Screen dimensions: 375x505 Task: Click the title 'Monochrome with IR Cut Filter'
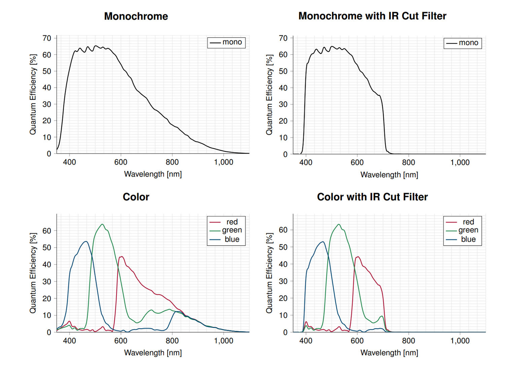(x=372, y=16)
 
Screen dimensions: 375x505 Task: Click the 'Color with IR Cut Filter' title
(x=372, y=197)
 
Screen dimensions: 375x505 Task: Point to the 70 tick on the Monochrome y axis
(x=47, y=38)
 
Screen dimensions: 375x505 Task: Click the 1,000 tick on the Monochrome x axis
(x=224, y=162)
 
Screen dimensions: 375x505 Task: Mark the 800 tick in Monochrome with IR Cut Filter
(x=408, y=163)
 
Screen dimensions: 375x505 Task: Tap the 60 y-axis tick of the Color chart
(x=47, y=231)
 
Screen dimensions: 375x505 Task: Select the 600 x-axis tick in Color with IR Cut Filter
(x=357, y=341)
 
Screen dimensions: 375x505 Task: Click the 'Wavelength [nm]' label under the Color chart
(x=153, y=352)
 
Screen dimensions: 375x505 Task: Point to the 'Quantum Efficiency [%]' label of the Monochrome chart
(x=33, y=94)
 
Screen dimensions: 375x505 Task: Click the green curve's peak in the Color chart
(x=102, y=224)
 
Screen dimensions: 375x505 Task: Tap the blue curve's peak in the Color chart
(x=86, y=241)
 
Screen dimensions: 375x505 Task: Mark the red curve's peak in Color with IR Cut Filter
(x=358, y=257)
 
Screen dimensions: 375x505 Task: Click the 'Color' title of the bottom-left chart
(x=136, y=197)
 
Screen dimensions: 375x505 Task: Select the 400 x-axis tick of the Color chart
(x=69, y=341)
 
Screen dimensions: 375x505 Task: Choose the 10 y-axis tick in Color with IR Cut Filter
(x=283, y=315)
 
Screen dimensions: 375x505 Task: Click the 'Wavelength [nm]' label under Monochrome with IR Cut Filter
(x=389, y=175)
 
